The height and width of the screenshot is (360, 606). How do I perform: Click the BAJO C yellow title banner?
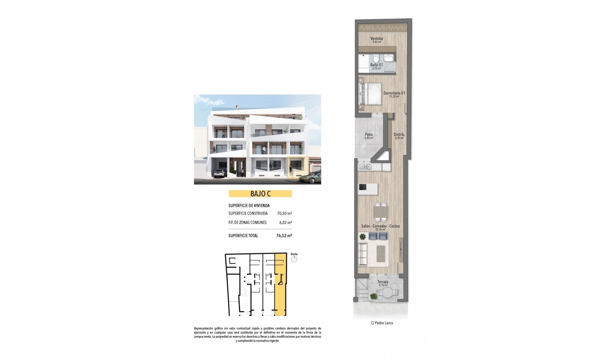[x=260, y=194]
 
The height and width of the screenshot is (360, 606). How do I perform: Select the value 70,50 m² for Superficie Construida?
[x=284, y=213]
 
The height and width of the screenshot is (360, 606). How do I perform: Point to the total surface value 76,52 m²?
[x=284, y=236]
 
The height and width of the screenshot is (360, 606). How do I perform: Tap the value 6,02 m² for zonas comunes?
[x=285, y=222]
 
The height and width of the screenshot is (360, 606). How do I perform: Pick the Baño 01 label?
[x=376, y=65]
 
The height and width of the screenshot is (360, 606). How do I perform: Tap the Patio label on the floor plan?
[x=369, y=135]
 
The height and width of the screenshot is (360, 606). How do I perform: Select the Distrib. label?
[x=399, y=135]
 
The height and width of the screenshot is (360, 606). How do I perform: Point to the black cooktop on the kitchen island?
[x=362, y=187]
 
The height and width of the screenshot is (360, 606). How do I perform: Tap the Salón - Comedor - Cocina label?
[x=380, y=226]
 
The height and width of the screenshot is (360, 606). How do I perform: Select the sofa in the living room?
[x=363, y=254]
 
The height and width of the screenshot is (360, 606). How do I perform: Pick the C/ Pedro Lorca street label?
[x=382, y=323]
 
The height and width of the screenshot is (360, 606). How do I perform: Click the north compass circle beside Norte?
[x=294, y=259]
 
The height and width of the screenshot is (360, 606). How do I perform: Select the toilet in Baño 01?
[x=376, y=59]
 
